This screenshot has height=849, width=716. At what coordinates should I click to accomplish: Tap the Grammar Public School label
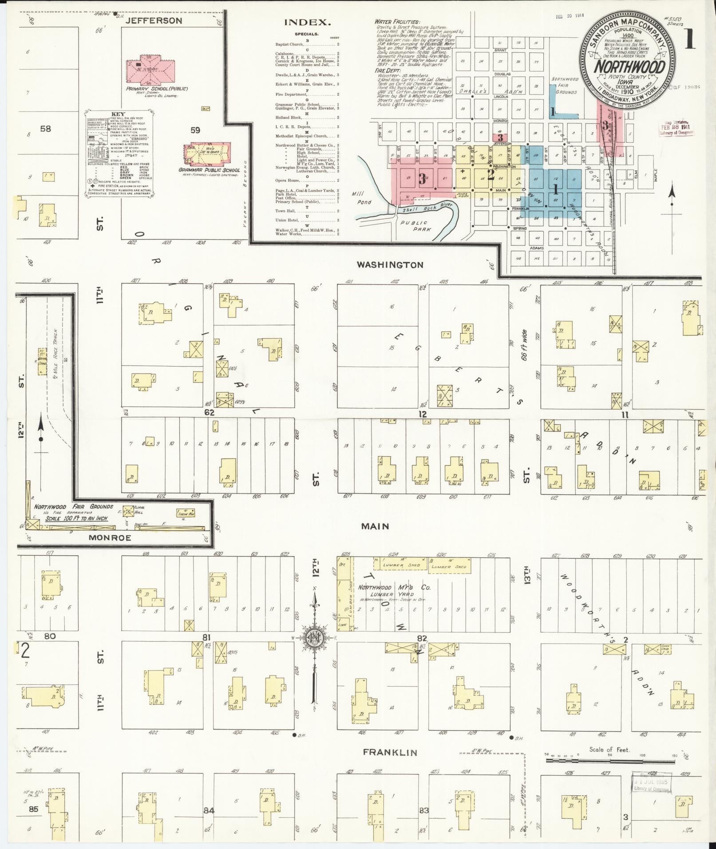(x=209, y=170)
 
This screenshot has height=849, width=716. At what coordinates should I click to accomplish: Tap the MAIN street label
(x=375, y=526)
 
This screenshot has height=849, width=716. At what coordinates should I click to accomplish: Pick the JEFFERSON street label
(x=147, y=20)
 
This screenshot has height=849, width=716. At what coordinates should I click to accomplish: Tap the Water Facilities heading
(x=396, y=21)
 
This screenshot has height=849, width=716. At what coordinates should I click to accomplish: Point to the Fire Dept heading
(x=387, y=70)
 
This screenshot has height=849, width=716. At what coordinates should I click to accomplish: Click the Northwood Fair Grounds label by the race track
(x=74, y=506)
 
